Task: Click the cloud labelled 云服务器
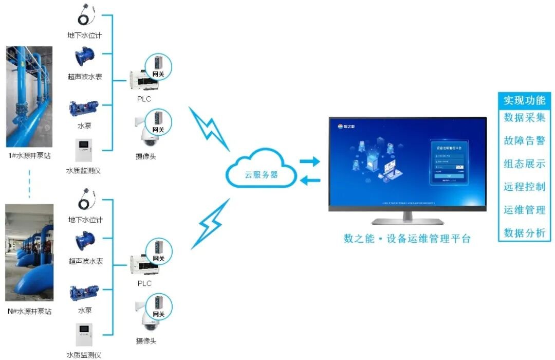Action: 261,170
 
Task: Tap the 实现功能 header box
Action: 524,100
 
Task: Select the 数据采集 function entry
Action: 524,118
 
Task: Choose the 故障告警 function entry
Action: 524,141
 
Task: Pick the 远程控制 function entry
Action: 524,187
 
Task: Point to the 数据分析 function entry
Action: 524,233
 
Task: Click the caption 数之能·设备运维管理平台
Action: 407,239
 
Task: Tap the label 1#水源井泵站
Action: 29,155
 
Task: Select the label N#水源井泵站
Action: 29,312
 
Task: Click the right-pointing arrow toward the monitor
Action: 310,161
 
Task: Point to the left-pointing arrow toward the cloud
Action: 310,180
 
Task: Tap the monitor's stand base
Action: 408,221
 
